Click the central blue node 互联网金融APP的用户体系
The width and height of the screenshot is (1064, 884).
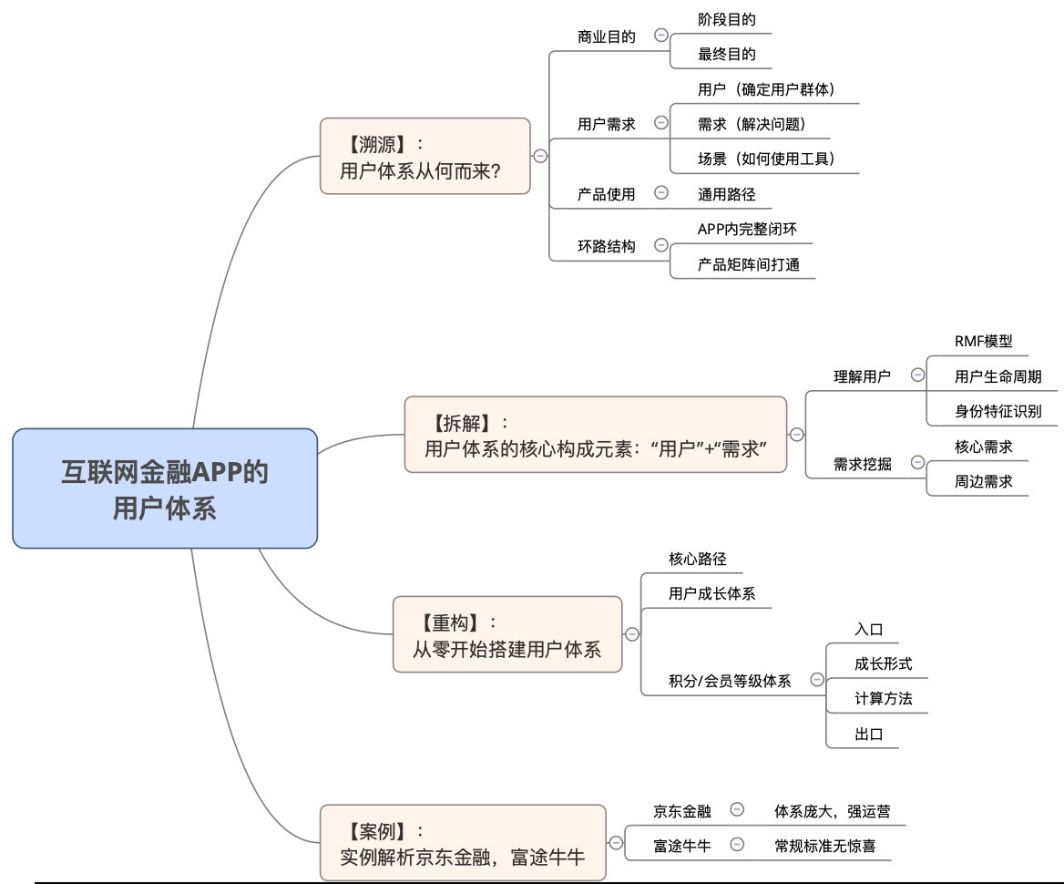click(165, 488)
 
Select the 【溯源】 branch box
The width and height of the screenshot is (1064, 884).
click(425, 156)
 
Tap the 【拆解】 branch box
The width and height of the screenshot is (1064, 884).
click(595, 435)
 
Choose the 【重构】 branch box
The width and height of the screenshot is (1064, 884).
click(506, 634)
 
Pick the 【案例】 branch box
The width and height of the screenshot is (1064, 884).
click(462, 843)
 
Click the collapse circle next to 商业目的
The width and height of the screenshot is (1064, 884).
click(661, 36)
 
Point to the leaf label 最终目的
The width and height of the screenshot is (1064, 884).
click(726, 54)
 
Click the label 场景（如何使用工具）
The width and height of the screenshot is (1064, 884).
click(765, 159)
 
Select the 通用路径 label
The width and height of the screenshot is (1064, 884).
click(726, 193)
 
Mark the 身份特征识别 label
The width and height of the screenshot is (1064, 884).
click(997, 410)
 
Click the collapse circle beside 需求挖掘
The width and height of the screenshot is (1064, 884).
click(916, 464)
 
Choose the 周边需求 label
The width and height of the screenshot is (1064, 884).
click(983, 481)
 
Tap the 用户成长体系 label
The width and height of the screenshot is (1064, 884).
click(711, 593)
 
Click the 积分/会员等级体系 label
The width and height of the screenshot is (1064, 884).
click(729, 680)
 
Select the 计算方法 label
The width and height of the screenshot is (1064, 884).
click(883, 699)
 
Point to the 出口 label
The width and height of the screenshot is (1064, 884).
click(868, 734)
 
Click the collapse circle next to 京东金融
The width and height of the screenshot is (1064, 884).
click(737, 809)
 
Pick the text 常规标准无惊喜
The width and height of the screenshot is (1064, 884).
click(824, 845)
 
